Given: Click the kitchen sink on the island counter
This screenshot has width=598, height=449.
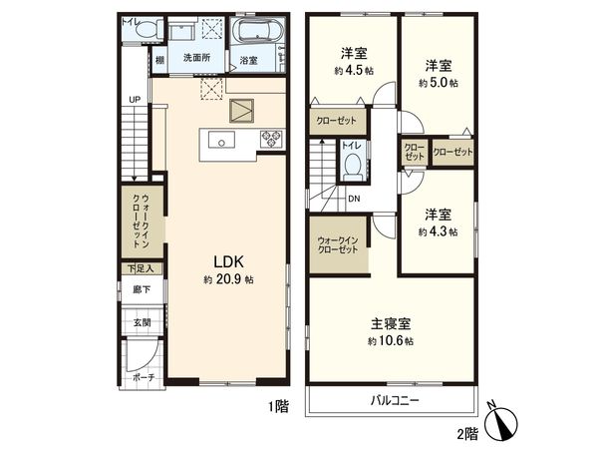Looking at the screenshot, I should pyautogui.click(x=222, y=140).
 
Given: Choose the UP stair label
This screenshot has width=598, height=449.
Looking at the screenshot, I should pyautogui.click(x=134, y=99).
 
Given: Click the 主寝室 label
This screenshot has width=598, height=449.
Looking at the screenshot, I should pyautogui.click(x=390, y=323).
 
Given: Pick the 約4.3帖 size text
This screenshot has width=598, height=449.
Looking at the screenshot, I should pyautogui.click(x=439, y=231).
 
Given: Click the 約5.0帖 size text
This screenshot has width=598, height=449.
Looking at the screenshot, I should pyautogui.click(x=439, y=84).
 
